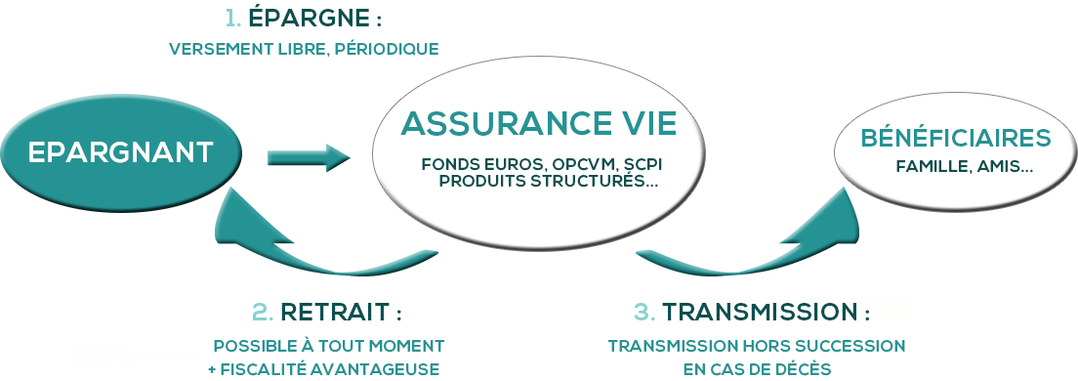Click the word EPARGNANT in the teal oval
120,152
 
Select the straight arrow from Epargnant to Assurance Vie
308,156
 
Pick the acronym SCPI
653,163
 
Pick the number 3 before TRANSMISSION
644,313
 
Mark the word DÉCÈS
803,368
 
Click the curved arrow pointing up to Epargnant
293,249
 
